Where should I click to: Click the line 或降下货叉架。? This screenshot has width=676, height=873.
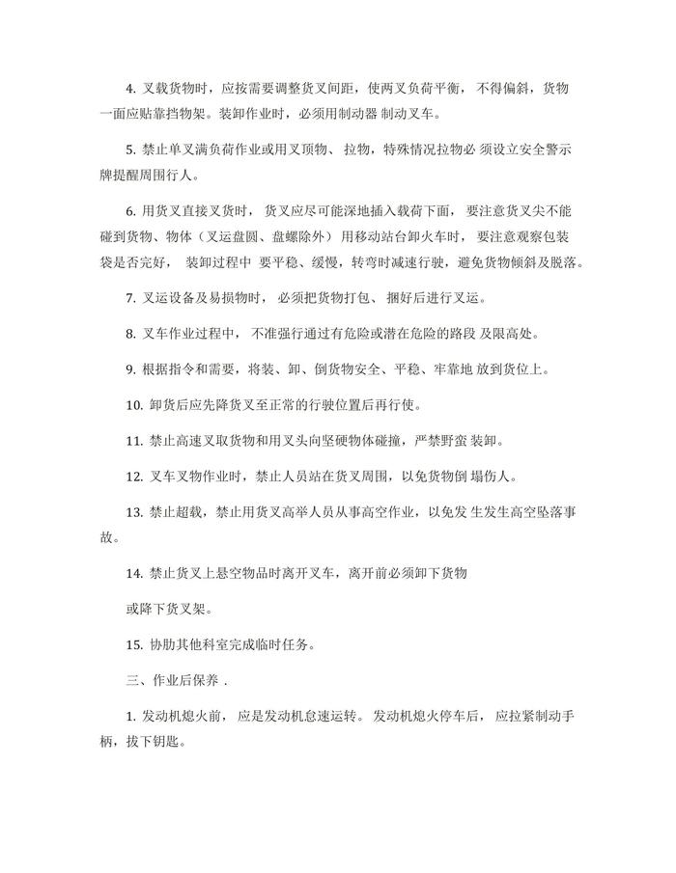pos(156,609)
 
